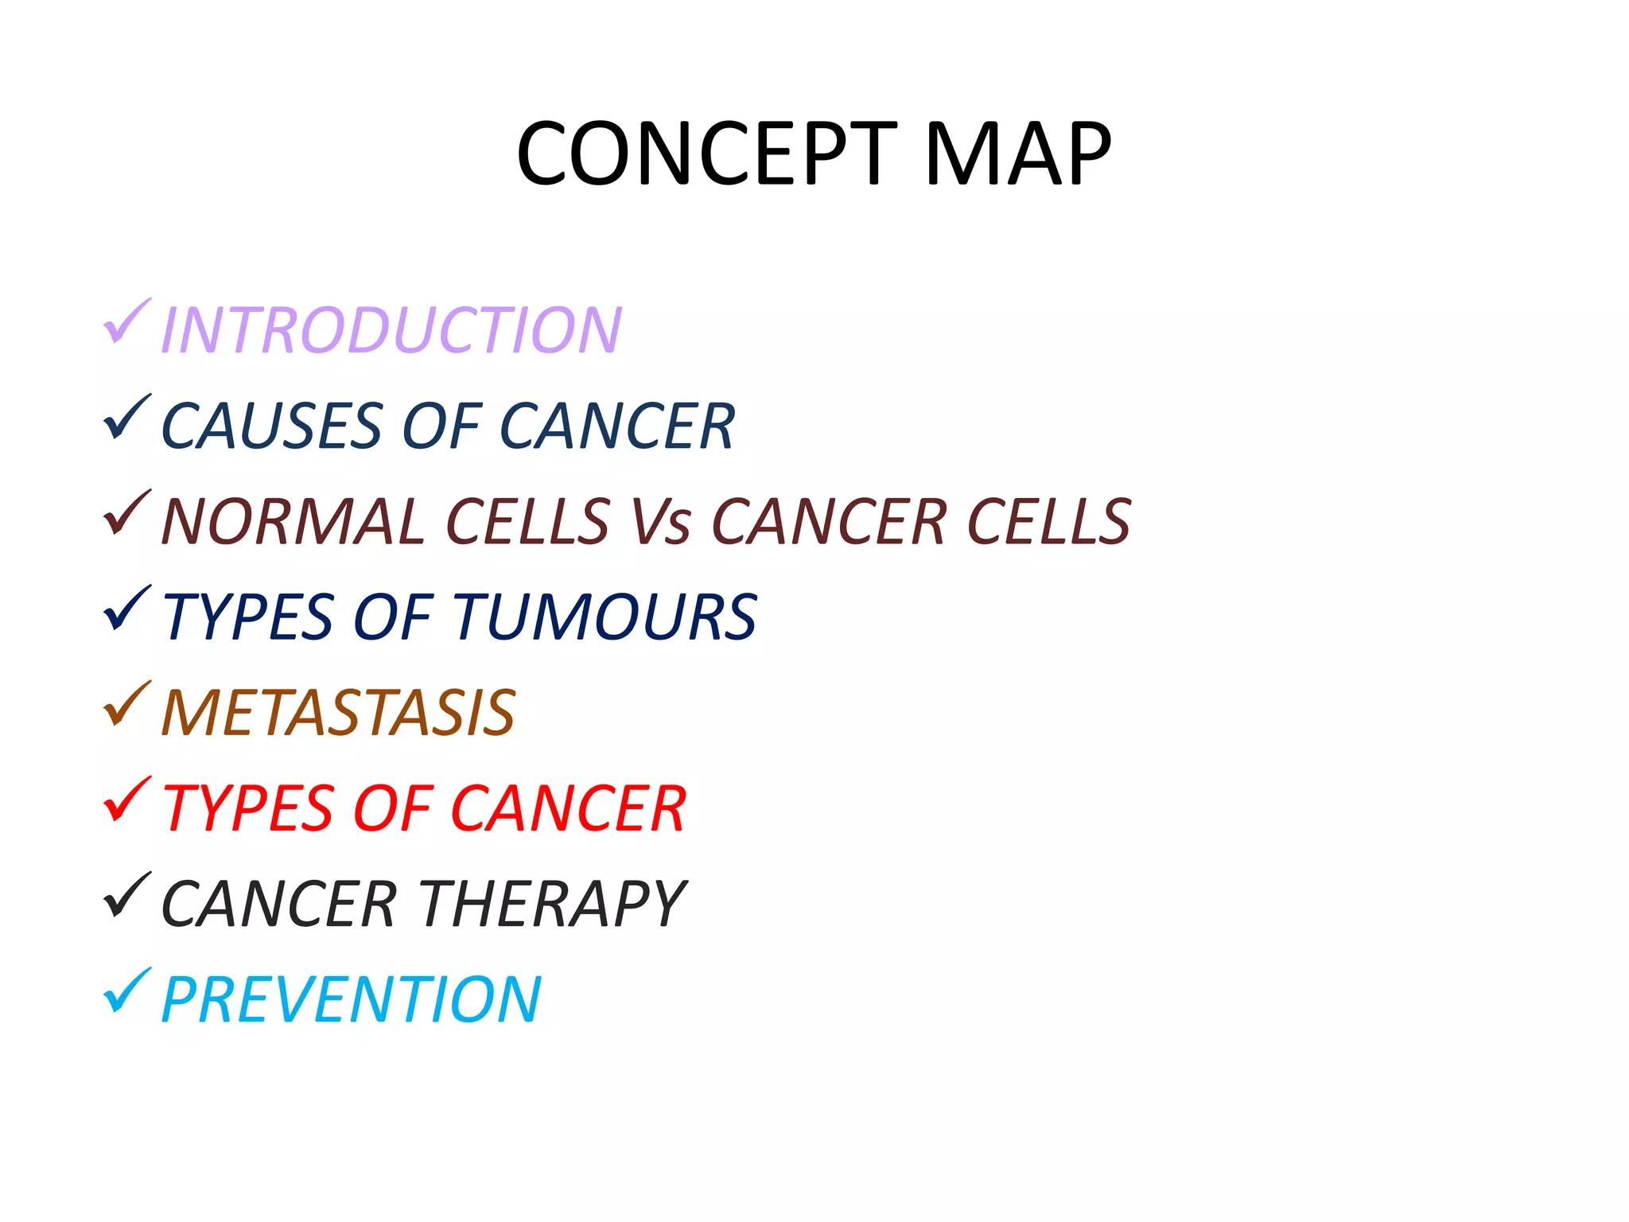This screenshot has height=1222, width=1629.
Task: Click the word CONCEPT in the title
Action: click(706, 153)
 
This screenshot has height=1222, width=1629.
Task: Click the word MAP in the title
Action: click(1017, 153)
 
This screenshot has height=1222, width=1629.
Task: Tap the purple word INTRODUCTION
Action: click(391, 329)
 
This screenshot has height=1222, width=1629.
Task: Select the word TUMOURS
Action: click(605, 617)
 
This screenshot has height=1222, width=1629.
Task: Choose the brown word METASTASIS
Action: click(338, 713)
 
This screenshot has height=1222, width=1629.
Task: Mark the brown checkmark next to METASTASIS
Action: click(126, 704)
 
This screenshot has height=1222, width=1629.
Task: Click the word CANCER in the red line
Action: click(568, 808)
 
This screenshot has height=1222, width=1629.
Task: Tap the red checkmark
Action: click(126, 800)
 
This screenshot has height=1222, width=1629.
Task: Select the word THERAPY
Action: click(552, 904)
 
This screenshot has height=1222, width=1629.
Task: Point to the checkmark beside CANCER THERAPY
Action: click(126, 895)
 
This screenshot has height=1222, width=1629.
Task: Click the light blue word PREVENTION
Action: click(351, 999)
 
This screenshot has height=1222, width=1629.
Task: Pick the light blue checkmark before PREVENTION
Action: click(126, 990)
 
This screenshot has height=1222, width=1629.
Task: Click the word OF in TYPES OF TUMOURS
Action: click(392, 617)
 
